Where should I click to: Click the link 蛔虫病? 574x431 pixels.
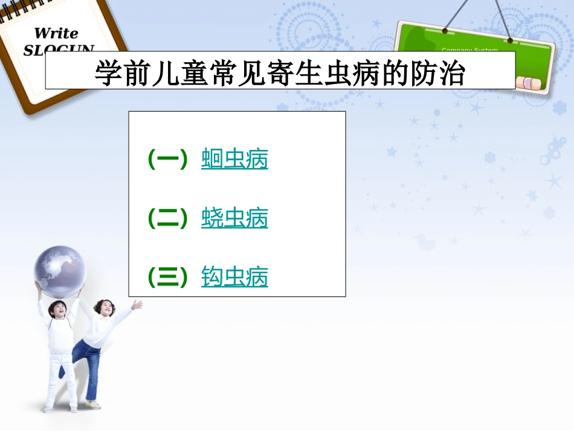click(234, 160)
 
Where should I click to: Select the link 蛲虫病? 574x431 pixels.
click(234, 218)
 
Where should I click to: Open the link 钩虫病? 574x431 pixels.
click(234, 277)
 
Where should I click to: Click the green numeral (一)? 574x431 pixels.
click(168, 160)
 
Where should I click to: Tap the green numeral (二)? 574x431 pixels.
click(168, 218)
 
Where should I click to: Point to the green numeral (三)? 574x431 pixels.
click(168, 277)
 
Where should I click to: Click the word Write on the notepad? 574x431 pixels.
click(56, 33)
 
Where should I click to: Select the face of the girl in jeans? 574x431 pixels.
click(105, 308)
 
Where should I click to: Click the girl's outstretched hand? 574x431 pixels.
click(138, 304)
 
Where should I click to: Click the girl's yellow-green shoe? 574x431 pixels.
click(93, 404)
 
